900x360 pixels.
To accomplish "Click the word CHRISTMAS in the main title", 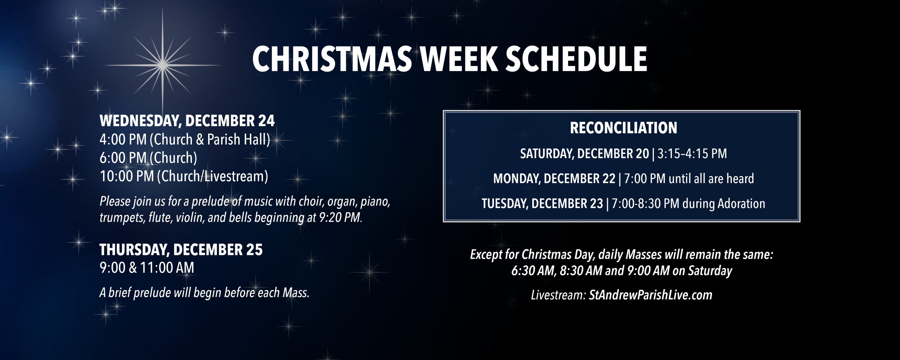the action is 332,59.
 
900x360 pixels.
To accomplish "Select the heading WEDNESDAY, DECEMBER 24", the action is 187,121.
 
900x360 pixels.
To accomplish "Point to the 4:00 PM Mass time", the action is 123,140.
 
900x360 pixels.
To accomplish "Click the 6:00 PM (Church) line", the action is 148,158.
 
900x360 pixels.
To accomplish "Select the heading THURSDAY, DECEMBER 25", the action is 181,250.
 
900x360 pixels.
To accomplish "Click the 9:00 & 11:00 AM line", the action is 147,268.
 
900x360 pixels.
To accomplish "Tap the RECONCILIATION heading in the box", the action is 623,128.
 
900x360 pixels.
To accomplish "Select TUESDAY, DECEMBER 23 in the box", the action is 542,204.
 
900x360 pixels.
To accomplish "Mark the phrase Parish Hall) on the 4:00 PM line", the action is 238,140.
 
